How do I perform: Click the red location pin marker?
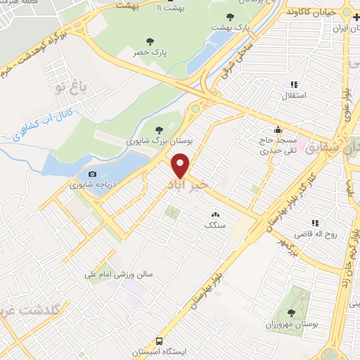point(181,166)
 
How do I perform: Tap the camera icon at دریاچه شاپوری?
point(92,174)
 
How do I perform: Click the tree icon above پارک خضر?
point(148,41)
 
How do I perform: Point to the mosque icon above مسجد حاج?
point(278,129)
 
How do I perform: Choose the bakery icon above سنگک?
point(214,214)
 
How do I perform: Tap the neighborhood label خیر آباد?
point(187,184)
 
